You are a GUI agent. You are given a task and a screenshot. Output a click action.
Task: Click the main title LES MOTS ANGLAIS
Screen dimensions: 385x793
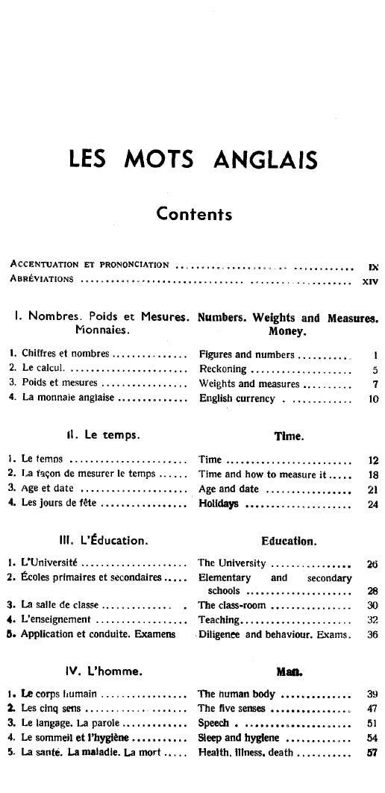coord(192,160)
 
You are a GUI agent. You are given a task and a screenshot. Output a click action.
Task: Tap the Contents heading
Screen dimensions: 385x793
coord(194,214)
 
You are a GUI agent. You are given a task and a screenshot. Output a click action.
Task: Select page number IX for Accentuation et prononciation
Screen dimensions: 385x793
coord(372,265)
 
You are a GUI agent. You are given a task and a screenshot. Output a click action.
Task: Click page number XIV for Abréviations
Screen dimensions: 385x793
coord(370,281)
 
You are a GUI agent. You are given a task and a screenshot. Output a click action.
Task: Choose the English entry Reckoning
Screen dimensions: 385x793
coord(222,369)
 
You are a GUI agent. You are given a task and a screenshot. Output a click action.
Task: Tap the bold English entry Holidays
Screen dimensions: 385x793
coord(219,504)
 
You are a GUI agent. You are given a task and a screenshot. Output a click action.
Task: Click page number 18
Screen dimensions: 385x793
coord(374,474)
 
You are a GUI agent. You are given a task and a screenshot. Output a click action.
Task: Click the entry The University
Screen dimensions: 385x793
coord(232,562)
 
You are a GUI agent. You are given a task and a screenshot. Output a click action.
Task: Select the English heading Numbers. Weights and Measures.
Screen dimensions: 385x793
coord(289,317)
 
